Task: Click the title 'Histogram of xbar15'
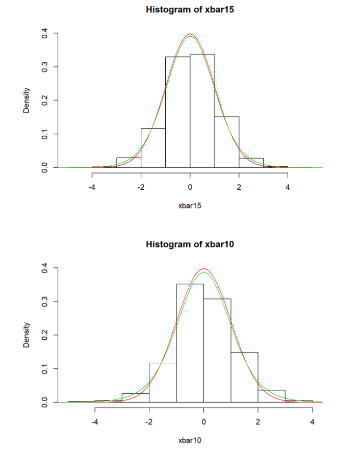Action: (x=190, y=10)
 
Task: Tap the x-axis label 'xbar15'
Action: (x=190, y=206)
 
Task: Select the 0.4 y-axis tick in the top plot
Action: (x=45, y=34)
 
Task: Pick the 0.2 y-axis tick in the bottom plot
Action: (x=45, y=335)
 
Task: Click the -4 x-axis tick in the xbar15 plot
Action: (x=92, y=187)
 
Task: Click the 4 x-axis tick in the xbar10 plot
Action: (x=312, y=421)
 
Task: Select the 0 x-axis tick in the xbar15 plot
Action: (x=190, y=187)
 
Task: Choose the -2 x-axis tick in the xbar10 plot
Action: (x=149, y=421)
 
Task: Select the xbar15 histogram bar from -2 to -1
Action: (x=153, y=148)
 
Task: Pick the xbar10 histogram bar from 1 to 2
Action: (x=244, y=378)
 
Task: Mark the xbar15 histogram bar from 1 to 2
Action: (x=226, y=142)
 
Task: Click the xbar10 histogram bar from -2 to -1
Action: (x=163, y=383)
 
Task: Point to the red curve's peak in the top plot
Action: (x=190, y=34)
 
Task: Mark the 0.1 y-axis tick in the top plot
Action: (x=45, y=134)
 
